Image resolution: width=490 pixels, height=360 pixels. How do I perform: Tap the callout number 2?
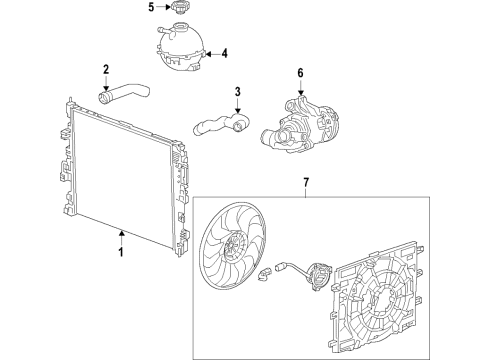click(105, 69)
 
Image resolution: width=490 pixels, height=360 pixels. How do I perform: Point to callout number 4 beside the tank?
click(225, 53)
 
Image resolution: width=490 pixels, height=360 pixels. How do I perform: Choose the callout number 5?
click(151, 8)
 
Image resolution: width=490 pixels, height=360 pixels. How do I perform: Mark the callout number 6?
click(298, 72)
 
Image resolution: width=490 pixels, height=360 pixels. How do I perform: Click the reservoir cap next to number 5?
click(181, 9)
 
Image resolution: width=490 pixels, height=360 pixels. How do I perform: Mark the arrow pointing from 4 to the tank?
click(210, 53)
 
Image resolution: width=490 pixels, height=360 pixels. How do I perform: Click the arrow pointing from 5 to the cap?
click(163, 8)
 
